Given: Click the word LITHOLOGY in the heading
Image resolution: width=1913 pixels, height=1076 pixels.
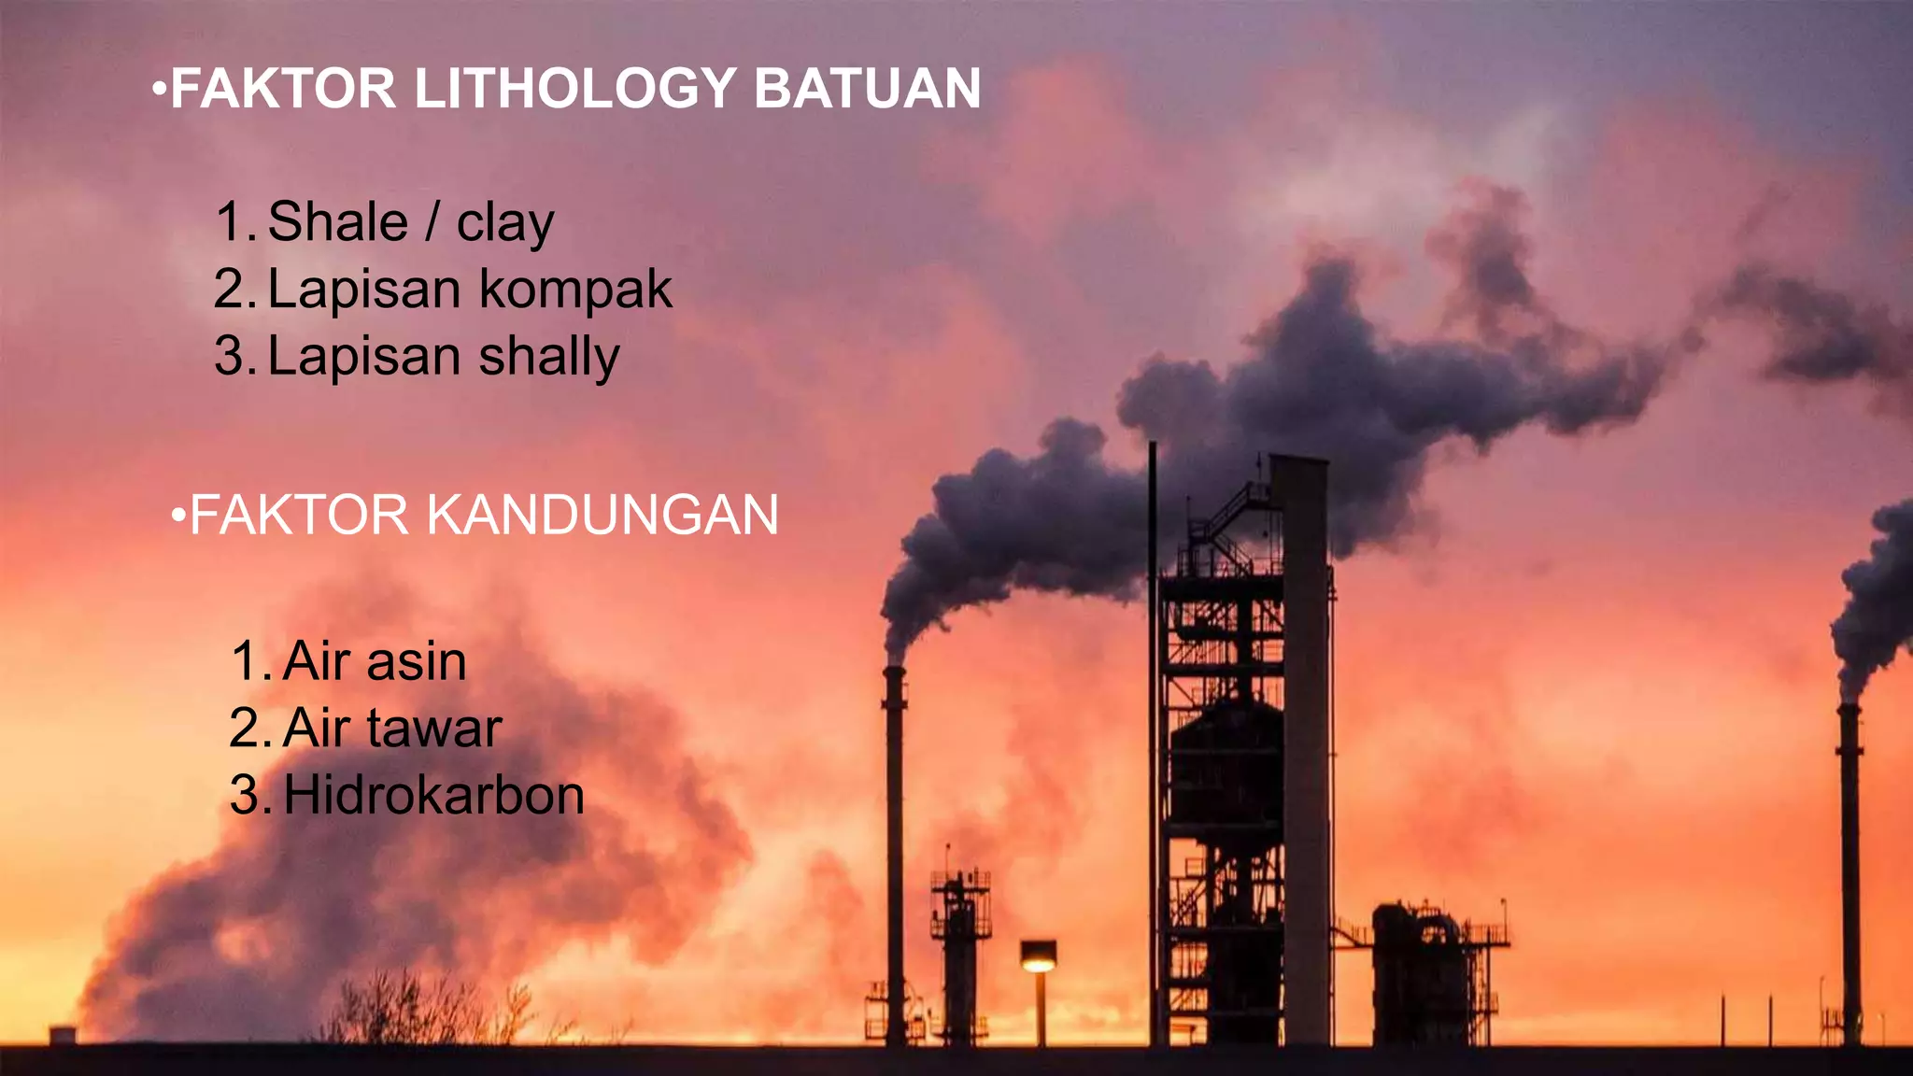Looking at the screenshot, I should tap(574, 89).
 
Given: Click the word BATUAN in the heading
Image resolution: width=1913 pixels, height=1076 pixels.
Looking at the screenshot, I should tap(867, 89).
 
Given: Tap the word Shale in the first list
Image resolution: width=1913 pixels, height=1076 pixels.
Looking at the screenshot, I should tap(338, 222).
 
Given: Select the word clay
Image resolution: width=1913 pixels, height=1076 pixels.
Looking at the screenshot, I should tap(505, 224).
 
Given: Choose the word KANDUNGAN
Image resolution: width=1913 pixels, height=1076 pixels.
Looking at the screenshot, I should tap(602, 515).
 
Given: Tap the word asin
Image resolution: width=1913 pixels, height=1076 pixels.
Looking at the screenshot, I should tap(416, 661).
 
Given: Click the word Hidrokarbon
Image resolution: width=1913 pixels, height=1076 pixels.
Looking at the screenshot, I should tap(433, 796).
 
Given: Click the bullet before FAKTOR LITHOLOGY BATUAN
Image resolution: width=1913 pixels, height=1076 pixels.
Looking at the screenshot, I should tap(159, 91).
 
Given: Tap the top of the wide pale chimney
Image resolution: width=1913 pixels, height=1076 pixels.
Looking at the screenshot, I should tap(1298, 460).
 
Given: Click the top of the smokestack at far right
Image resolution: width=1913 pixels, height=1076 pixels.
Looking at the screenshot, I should tap(1848, 708).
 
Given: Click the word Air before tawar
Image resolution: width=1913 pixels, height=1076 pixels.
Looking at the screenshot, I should tap(318, 729).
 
